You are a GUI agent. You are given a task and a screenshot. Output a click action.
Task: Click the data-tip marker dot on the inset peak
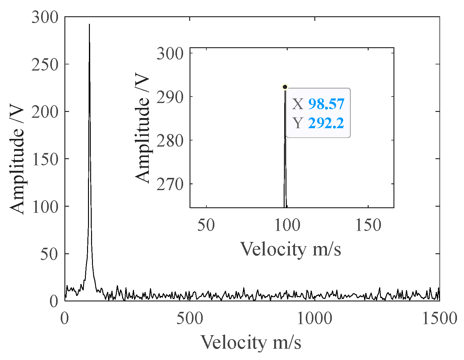click(x=285, y=87)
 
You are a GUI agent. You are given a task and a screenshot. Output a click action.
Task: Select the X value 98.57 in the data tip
click(x=326, y=104)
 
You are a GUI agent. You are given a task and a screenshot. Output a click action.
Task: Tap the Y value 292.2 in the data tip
click(x=326, y=123)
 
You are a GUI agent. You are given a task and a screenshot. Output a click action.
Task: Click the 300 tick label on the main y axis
click(x=45, y=18)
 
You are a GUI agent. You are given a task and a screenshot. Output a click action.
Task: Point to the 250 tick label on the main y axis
click(x=45, y=65)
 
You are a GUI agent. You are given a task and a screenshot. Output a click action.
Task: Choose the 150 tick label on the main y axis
click(x=45, y=160)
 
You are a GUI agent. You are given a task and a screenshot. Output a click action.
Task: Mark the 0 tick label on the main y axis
click(x=54, y=302)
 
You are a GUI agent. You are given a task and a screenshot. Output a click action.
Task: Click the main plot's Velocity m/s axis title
click(x=251, y=342)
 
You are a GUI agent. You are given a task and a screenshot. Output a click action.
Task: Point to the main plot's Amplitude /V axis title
click(x=17, y=159)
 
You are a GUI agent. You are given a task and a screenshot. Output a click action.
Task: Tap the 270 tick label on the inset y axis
click(x=170, y=185)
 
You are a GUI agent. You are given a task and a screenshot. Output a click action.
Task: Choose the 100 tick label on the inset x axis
click(x=287, y=225)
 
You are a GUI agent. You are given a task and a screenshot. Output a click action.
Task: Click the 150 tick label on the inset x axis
click(x=368, y=225)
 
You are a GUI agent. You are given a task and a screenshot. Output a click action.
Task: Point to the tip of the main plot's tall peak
click(x=89, y=24)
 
